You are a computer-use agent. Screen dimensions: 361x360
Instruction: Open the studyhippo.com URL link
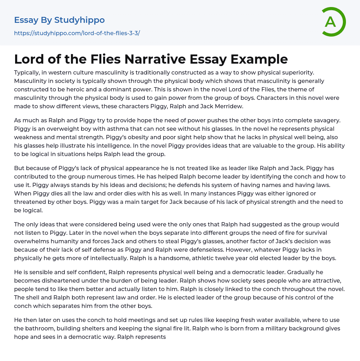pyautogui.click(x=77, y=33)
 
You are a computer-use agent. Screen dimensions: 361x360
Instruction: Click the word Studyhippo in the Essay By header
pyautogui.click(x=79, y=20)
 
